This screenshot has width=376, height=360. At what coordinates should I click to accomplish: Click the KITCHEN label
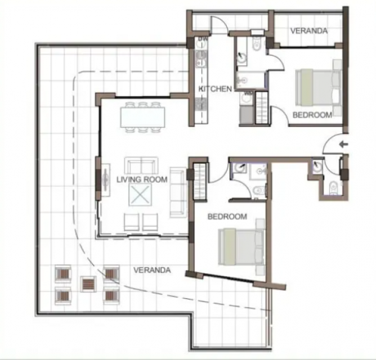tap(215, 89)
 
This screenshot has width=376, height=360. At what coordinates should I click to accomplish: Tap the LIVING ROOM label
tap(142, 179)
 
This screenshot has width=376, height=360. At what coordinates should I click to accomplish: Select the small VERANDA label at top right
tap(309, 31)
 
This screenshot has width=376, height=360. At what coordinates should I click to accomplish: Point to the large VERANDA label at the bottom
tap(152, 270)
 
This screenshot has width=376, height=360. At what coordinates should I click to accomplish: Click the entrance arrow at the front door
tap(343, 145)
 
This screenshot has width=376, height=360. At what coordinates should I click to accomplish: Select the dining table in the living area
tap(142, 117)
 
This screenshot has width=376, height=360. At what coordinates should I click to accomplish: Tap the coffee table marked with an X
tap(140, 195)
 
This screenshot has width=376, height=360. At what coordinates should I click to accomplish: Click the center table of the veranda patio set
tap(88, 284)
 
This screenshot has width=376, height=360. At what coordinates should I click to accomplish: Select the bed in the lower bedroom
tap(241, 246)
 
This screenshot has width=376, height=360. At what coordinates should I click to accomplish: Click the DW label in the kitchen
tap(203, 38)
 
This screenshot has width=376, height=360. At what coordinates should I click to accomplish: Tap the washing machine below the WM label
tap(247, 99)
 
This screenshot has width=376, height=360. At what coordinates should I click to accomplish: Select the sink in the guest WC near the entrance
tap(318, 165)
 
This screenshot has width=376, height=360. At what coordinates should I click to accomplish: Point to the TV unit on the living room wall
tap(106, 180)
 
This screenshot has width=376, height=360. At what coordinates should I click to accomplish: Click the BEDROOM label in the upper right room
tap(312, 115)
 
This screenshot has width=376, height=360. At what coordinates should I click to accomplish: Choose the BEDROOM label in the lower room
tap(227, 217)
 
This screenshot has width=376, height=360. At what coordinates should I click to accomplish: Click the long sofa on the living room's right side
tap(178, 192)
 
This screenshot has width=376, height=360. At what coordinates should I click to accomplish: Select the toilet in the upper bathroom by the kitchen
tap(257, 44)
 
